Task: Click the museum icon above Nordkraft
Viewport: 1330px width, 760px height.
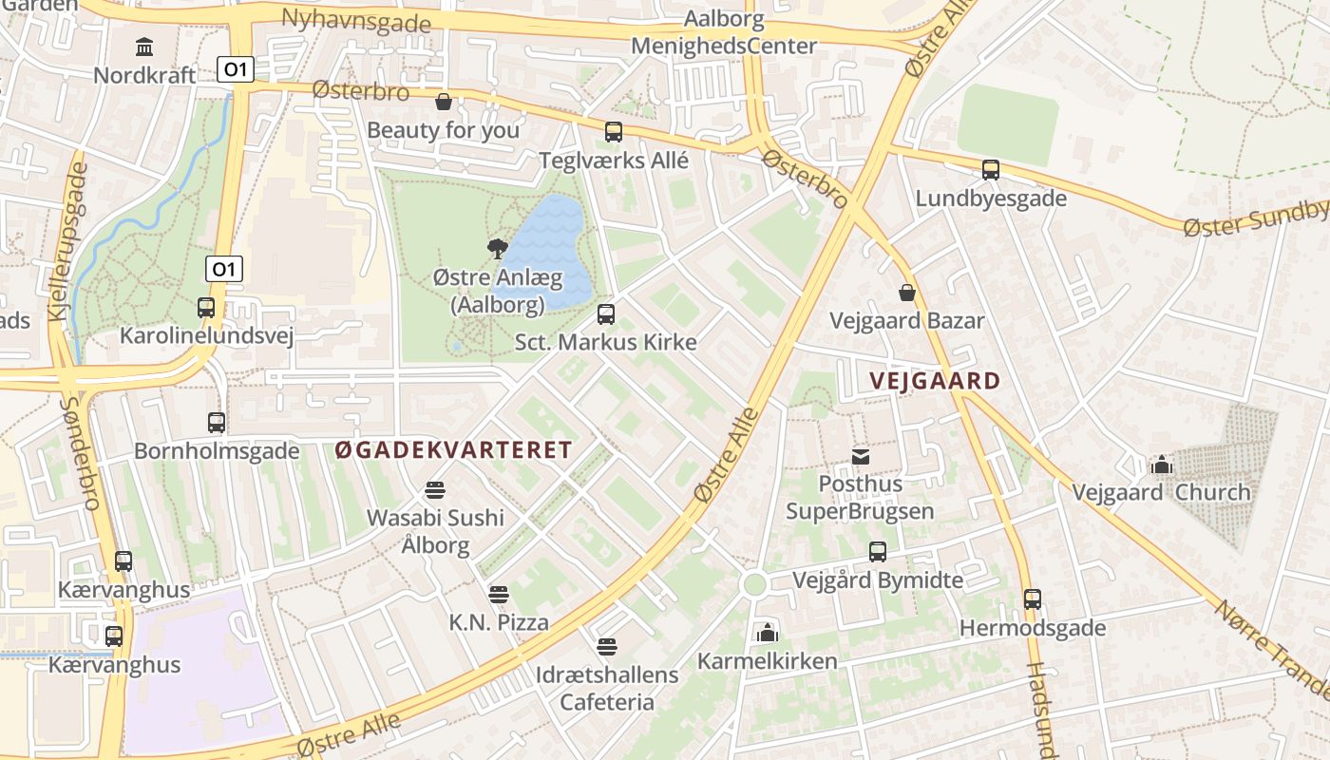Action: tap(144, 47)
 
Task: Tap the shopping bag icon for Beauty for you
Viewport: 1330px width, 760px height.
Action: tap(443, 102)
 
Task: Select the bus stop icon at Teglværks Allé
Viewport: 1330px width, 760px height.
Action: tap(614, 132)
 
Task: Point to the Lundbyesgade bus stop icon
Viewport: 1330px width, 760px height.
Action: tap(991, 170)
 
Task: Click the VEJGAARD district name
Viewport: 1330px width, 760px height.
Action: tap(935, 382)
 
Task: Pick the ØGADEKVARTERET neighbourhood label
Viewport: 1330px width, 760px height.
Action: tap(454, 450)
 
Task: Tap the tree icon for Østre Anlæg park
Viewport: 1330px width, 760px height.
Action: tap(497, 249)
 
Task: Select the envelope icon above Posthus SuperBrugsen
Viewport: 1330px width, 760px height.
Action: tap(861, 457)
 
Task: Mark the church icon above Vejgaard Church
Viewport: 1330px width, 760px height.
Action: tap(1161, 465)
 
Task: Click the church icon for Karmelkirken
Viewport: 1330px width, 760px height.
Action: tap(767, 632)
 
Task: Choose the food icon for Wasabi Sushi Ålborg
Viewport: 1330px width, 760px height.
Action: tap(435, 490)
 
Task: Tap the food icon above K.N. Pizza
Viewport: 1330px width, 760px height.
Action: tap(499, 595)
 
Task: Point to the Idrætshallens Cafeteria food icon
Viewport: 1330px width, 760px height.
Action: tap(607, 647)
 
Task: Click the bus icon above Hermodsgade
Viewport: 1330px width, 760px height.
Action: tap(1033, 599)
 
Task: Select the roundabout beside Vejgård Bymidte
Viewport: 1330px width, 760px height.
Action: tap(755, 584)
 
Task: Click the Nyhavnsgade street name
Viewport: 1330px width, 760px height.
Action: tap(356, 19)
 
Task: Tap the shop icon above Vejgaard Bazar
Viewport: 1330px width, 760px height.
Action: tap(907, 292)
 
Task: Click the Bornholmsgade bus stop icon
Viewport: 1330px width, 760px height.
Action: tap(217, 422)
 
